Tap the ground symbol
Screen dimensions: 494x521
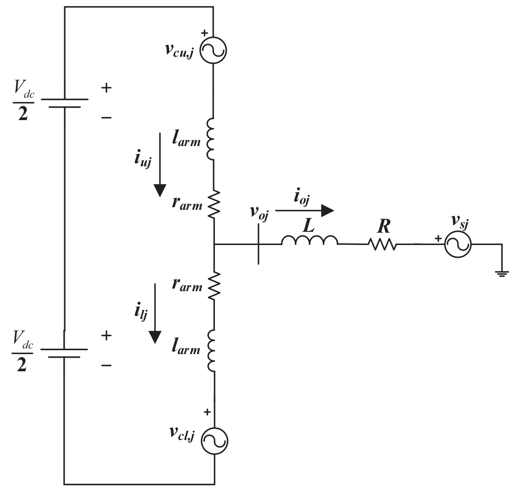(x=502, y=274)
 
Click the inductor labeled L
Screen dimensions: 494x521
(x=310, y=241)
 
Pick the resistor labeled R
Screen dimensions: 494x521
(x=383, y=244)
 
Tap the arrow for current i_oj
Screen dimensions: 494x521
(x=304, y=211)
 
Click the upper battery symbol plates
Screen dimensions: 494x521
(x=65, y=102)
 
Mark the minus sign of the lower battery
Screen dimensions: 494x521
(x=106, y=365)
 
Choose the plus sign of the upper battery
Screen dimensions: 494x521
(x=106, y=88)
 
